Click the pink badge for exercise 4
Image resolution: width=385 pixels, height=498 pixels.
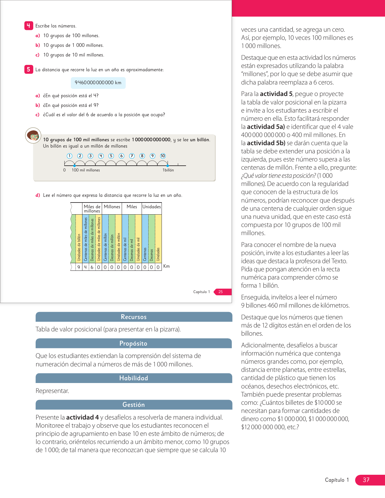click(28, 26)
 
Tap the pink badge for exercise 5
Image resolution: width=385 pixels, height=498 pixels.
click(28, 69)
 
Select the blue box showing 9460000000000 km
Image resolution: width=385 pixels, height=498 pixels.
click(98, 83)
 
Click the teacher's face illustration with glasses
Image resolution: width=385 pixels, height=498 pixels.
click(33, 136)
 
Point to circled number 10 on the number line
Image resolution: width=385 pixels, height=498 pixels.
click(163, 156)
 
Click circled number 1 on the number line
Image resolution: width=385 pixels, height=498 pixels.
click(69, 156)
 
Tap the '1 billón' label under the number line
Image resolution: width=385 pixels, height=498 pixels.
click(168, 170)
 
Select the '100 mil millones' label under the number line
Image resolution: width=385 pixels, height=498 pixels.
click(86, 170)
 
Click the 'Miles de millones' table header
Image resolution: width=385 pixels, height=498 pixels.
click(92, 209)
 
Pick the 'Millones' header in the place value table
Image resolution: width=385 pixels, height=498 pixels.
click(112, 207)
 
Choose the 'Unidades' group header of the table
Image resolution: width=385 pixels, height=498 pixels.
click(152, 207)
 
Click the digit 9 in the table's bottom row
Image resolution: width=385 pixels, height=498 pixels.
click(79, 267)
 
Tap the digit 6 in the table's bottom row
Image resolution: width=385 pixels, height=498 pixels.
click(92, 267)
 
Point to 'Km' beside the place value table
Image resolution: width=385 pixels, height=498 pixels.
click(166, 266)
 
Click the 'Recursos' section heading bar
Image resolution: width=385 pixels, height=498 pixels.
click(134, 317)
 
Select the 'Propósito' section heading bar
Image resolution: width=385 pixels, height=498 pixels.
click(133, 343)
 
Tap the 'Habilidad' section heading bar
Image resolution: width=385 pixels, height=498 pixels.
click(134, 378)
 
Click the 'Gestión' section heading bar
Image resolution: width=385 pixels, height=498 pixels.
click(134, 405)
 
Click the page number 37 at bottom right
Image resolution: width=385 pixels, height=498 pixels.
click(366, 480)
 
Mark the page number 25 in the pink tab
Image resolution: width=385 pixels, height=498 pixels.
click(221, 292)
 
